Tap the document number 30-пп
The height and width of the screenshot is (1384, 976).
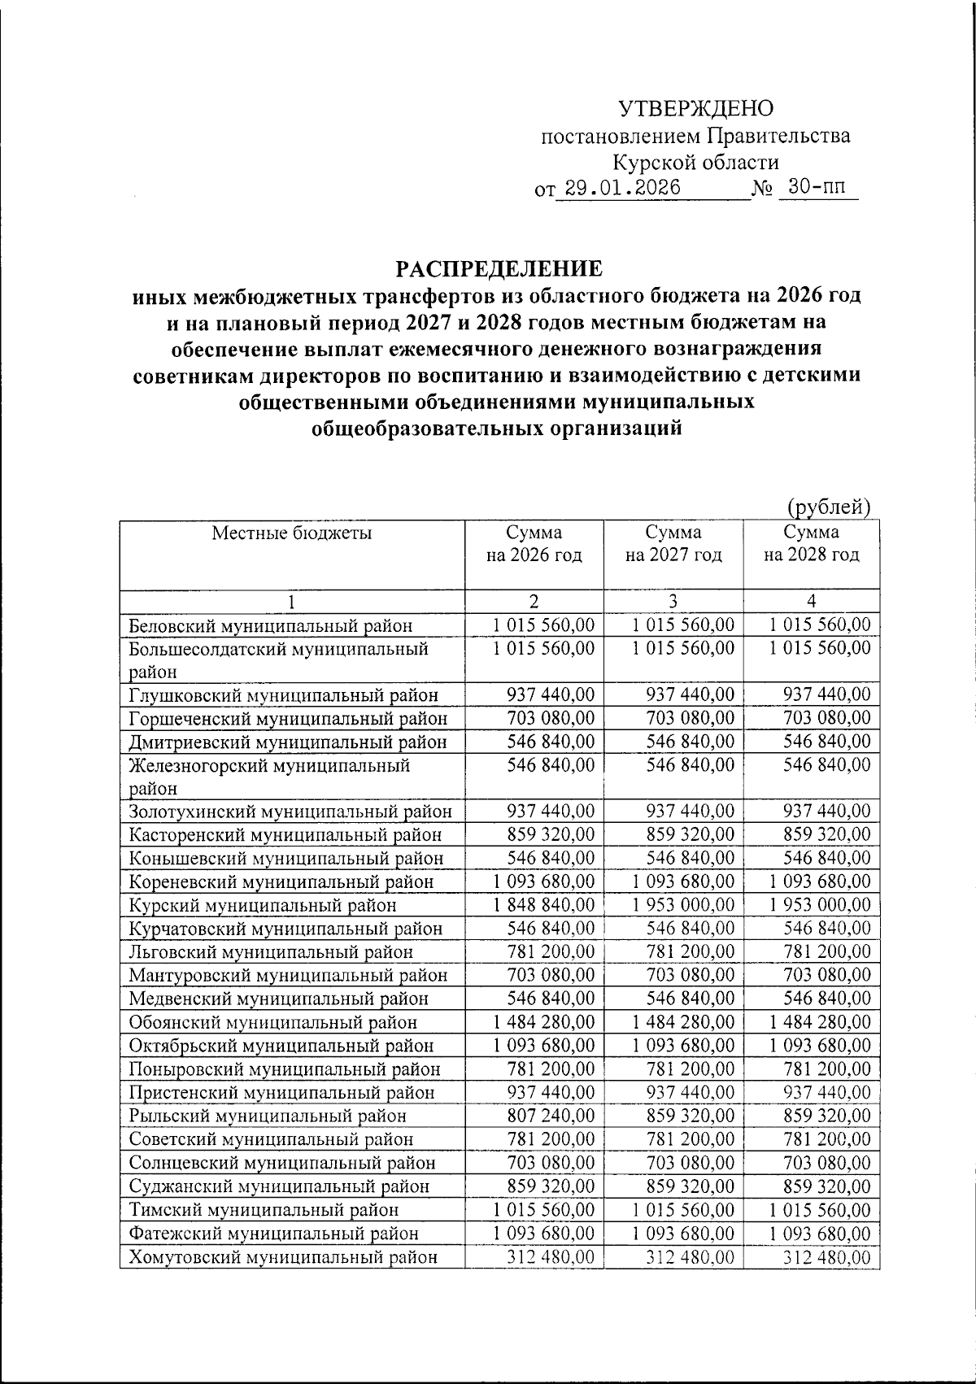[817, 187]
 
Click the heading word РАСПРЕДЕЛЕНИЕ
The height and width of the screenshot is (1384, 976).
[499, 269]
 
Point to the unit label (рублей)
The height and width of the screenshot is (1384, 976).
[829, 507]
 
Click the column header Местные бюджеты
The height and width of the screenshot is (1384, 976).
[292, 533]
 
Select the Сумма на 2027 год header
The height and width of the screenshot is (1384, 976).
[673, 544]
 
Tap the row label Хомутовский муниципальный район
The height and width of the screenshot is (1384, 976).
[283, 1257]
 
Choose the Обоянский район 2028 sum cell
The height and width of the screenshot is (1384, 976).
[819, 1022]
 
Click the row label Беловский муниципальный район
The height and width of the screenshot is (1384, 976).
[270, 625]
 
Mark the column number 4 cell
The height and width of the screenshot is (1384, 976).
[811, 601]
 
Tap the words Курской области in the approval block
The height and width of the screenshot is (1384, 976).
[695, 163]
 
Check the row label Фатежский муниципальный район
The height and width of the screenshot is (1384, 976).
[274, 1234]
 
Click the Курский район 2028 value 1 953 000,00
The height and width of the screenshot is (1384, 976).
[819, 905]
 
